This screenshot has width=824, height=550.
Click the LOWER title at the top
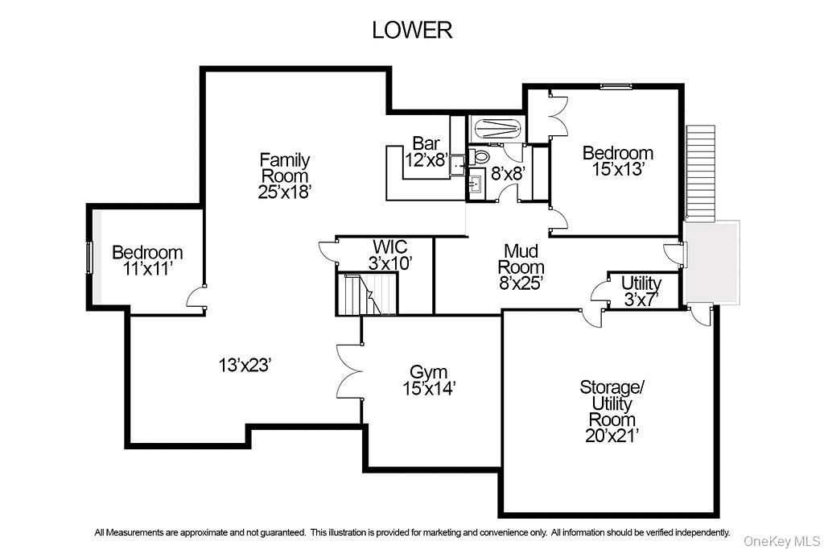pyautogui.click(x=411, y=31)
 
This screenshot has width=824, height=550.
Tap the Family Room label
pyautogui.click(x=284, y=167)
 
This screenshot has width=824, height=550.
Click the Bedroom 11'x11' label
pyautogui.click(x=147, y=260)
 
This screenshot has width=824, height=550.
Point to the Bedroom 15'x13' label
pyautogui.click(x=617, y=161)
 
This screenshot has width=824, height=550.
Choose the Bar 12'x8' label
pyautogui.click(x=426, y=151)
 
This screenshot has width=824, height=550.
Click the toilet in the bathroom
pyautogui.click(x=480, y=155)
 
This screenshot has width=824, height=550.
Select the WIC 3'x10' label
pyautogui.click(x=389, y=253)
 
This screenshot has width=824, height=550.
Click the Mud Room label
pyautogui.click(x=521, y=267)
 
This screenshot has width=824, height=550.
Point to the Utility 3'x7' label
pyautogui.click(x=641, y=291)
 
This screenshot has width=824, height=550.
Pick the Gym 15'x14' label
pyautogui.click(x=429, y=380)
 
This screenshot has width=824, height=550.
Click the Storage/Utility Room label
pyautogui.click(x=612, y=411)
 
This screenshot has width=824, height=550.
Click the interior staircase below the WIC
pyautogui.click(x=367, y=294)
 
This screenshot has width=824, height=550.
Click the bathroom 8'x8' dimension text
pyautogui.click(x=508, y=172)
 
